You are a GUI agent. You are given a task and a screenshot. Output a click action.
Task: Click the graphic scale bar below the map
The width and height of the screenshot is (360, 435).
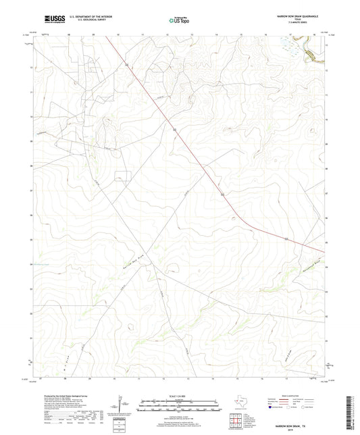(x=180, y=407)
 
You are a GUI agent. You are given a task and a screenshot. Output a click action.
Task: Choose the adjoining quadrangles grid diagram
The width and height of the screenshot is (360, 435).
(x=234, y=420)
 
